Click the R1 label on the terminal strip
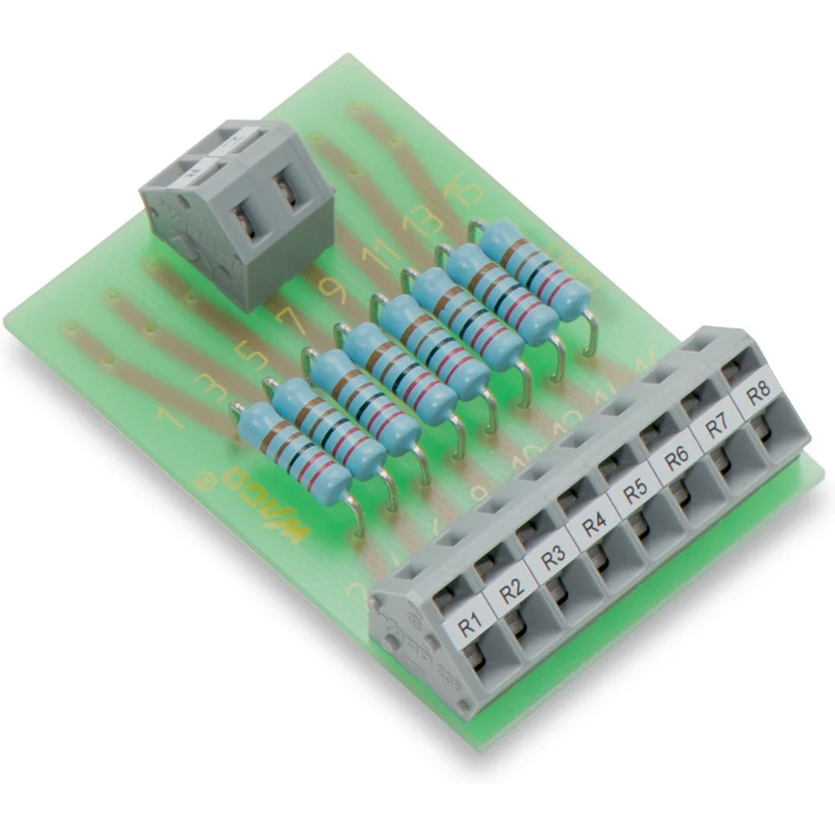[469, 620]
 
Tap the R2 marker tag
[511, 590]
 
